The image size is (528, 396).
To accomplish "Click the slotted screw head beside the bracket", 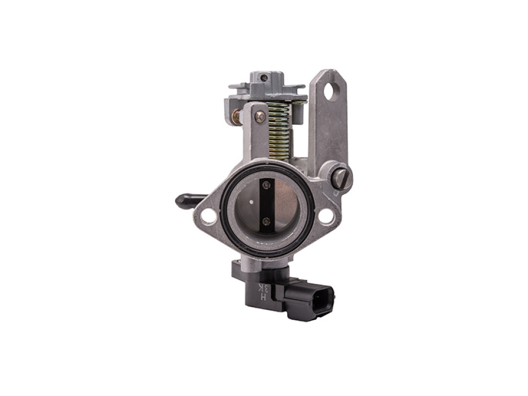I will pos(341,177).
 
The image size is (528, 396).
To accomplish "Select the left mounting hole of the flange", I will pos(208,216).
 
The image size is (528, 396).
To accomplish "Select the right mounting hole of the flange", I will pos(326,216).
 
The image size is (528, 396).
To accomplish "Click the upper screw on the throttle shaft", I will pos(266,185).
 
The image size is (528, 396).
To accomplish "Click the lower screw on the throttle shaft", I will pos(266,221).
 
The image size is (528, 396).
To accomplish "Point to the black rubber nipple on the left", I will pos(187,201).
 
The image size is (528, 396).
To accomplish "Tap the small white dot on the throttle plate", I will pos(251,201).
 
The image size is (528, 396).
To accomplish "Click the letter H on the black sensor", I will pos(263,298).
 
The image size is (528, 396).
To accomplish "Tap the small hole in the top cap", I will pos(265,78).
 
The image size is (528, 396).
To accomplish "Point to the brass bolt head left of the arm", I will pos(236,117).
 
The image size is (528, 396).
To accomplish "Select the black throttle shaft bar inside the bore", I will pos(267,204).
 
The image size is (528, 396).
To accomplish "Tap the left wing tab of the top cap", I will pos(238,86).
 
